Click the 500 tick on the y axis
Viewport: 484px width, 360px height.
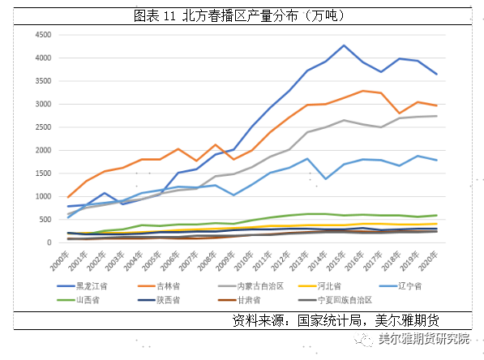pos(42,220)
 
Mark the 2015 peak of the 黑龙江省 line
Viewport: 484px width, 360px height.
pos(344,45)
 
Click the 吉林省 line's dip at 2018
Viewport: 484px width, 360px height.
pos(399,114)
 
